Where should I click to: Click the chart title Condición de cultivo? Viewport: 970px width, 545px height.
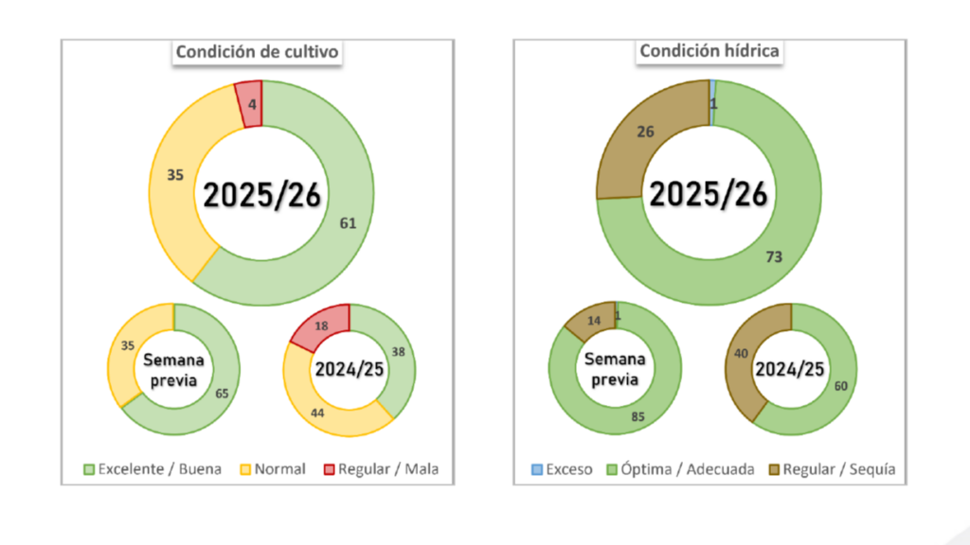click(x=257, y=53)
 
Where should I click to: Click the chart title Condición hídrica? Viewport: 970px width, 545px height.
click(x=710, y=51)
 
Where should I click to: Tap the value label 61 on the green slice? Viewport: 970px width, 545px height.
click(x=348, y=223)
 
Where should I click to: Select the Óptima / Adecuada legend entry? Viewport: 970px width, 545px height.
click(x=682, y=469)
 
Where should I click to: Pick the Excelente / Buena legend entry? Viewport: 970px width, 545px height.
click(x=153, y=469)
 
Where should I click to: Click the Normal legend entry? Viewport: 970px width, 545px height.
click(x=271, y=469)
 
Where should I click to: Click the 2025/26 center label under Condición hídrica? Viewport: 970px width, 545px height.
click(x=708, y=194)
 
